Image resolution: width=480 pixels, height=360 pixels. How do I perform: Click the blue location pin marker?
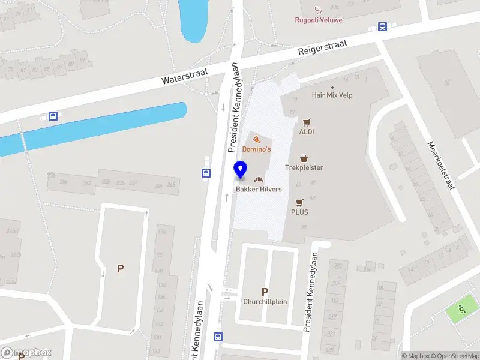(241, 170)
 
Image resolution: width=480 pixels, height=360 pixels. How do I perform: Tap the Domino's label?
(256, 149)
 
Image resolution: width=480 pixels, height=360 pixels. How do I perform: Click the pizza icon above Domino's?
(256, 139)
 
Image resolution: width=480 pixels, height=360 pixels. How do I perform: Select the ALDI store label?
(307, 132)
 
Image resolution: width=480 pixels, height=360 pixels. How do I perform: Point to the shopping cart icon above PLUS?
(299, 202)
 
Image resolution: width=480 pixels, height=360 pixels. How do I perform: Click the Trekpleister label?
(304, 167)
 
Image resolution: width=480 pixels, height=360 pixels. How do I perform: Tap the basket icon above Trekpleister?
(304, 158)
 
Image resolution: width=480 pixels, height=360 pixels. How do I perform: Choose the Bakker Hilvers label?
(258, 189)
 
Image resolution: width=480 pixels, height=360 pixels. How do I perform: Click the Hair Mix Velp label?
(332, 95)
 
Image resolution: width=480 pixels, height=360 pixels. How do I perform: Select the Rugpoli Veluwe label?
(319, 19)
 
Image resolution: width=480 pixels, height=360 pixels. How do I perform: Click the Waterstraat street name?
(185, 76)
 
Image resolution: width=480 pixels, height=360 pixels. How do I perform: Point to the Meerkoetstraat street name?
(441, 165)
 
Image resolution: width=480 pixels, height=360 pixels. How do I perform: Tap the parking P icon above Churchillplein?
(265, 292)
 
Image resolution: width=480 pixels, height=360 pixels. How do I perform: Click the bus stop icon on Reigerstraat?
(382, 26)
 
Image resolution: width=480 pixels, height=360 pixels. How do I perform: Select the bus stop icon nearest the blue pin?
(206, 173)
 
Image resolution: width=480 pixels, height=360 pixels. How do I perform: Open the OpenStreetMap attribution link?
(454, 356)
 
